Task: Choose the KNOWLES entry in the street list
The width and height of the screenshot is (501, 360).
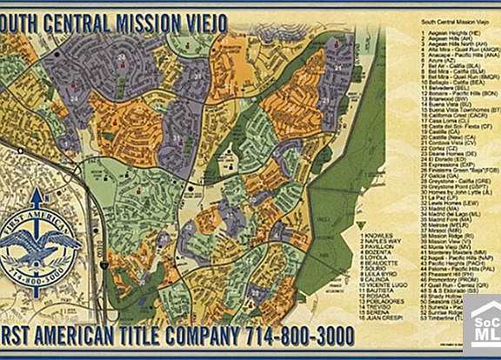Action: [x=377, y=236]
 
